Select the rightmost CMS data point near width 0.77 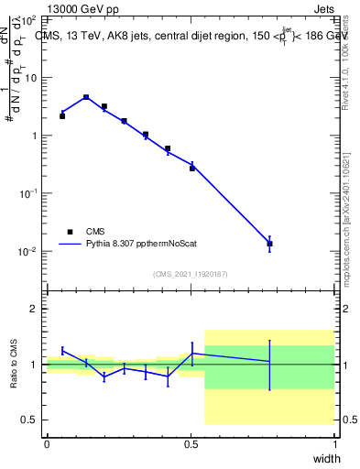pyautogui.click(x=269, y=244)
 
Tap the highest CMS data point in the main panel pyautogui.click(x=86, y=97)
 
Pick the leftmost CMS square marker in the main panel pyautogui.click(x=62, y=116)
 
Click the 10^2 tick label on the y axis pyautogui.click(x=28, y=19)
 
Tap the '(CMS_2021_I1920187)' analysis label pyautogui.click(x=191, y=273)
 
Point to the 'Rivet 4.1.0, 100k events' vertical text pyautogui.click(x=346, y=55)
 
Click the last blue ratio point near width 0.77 pyautogui.click(x=269, y=362)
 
